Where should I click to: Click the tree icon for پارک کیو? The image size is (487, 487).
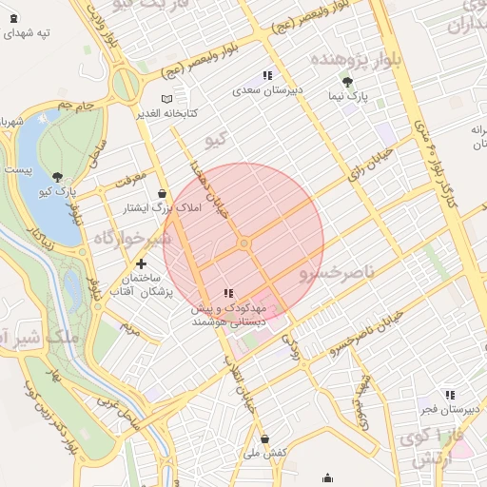point(58,176)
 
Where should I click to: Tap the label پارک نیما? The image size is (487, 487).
point(351,96)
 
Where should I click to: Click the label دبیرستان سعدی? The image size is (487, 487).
point(268,90)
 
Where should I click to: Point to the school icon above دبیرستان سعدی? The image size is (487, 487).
point(267,75)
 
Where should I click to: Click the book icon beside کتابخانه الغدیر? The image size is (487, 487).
point(167,98)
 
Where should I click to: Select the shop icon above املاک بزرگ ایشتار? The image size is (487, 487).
point(163,192)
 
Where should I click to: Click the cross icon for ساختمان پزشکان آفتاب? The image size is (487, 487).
point(141,263)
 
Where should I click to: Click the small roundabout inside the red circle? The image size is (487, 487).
point(244,244)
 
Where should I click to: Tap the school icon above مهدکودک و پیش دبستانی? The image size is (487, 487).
point(227,293)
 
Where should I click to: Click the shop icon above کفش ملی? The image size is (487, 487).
point(265,438)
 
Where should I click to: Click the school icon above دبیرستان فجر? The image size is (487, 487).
point(449,395)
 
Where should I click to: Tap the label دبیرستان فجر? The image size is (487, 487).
point(448,410)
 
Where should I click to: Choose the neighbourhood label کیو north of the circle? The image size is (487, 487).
point(217,140)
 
